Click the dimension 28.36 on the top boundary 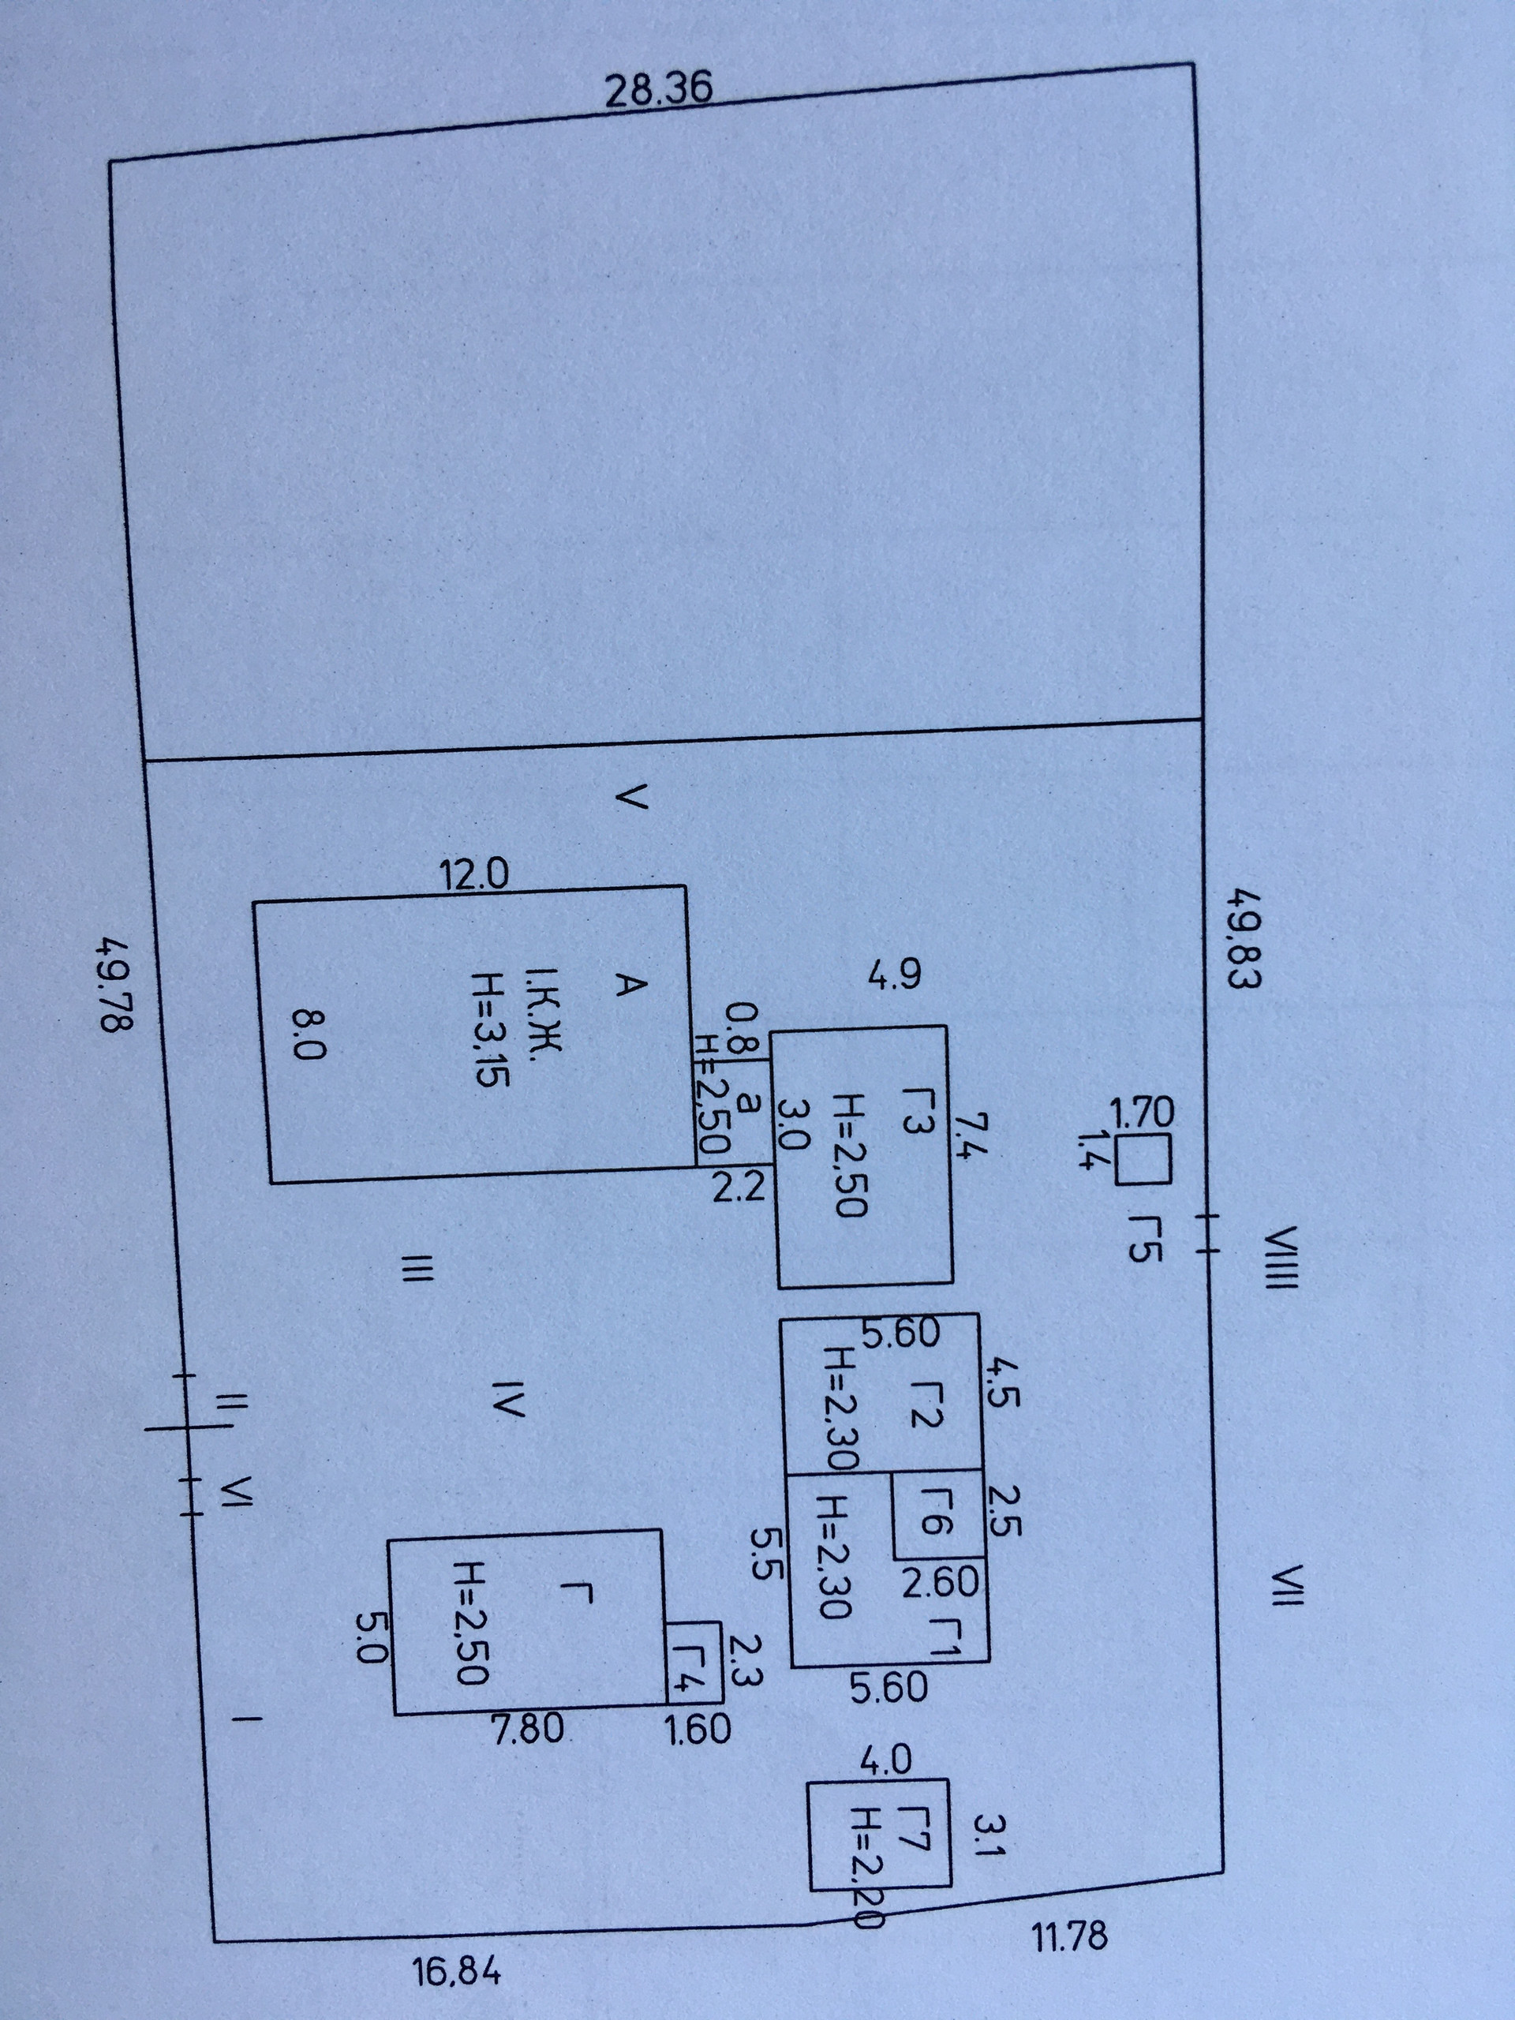[658, 92]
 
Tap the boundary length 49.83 [1242, 941]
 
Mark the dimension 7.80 [528, 1728]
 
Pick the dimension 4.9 [894, 976]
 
